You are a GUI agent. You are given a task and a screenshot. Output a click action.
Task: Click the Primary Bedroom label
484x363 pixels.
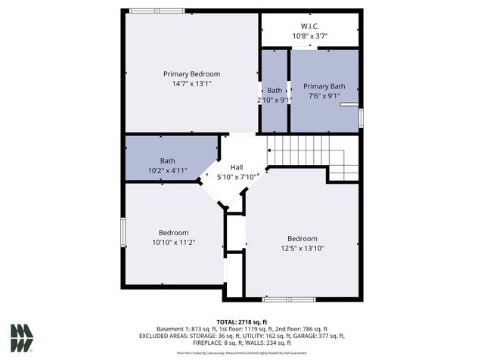[191, 74]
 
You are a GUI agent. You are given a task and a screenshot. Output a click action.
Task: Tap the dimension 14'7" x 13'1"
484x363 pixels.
[191, 84]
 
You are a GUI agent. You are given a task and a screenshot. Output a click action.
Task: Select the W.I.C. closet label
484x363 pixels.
[310, 26]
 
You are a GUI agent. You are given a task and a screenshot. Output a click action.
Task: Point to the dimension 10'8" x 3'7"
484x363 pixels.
[310, 36]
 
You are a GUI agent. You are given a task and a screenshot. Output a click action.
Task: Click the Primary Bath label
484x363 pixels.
[324, 87]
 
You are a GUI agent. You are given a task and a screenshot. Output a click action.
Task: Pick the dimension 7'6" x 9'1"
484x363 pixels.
[324, 97]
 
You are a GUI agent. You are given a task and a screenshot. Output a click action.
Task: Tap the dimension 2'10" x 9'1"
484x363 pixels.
[274, 100]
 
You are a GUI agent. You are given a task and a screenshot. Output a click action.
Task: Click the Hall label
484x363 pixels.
[236, 167]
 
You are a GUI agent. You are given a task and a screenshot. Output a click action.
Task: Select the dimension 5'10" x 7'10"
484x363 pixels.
[236, 177]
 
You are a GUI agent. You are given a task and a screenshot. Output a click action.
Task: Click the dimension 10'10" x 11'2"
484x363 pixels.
[173, 243]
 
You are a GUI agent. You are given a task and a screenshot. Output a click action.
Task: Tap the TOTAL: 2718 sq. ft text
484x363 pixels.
[241, 321]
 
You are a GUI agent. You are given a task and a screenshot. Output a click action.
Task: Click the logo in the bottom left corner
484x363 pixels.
[21, 338]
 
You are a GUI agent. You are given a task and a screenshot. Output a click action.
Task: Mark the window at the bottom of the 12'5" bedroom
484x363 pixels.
[289, 299]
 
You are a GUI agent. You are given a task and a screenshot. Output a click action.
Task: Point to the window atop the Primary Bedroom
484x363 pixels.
[150, 11]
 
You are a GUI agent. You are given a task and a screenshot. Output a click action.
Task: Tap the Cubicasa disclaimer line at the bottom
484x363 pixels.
[241, 353]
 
